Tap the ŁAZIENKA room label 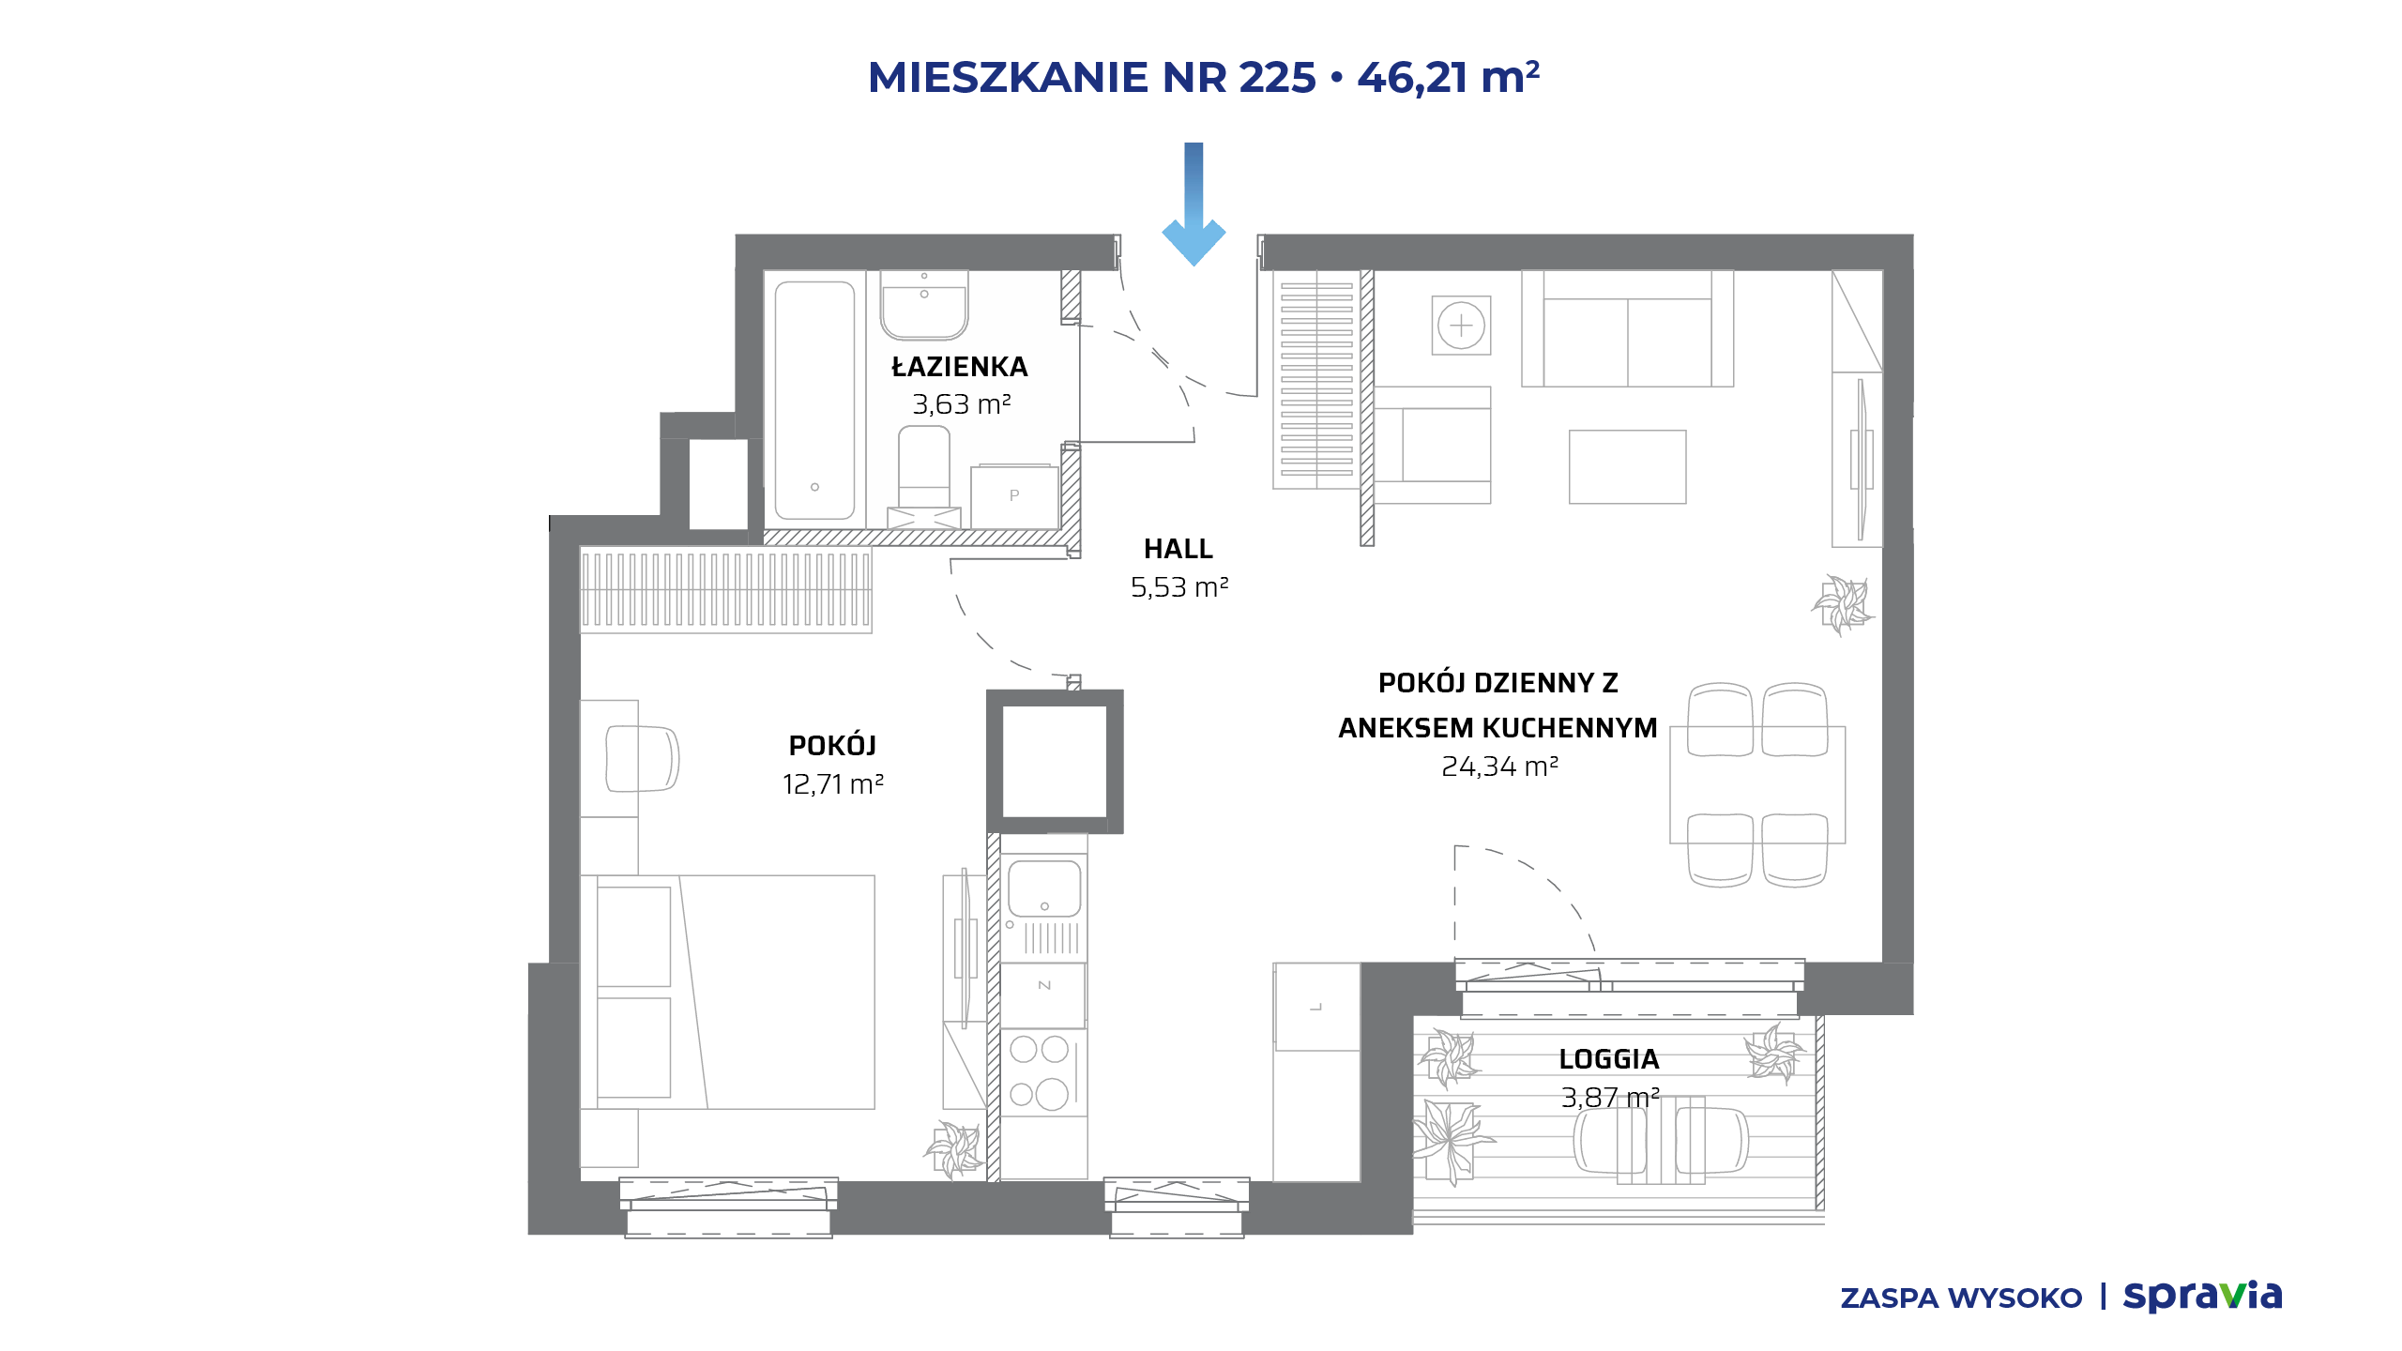click(x=960, y=367)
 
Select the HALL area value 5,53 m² click(x=1179, y=587)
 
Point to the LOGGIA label click(x=1609, y=1059)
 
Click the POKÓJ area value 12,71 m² click(x=833, y=784)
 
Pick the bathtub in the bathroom click(x=814, y=401)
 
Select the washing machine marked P click(x=1014, y=495)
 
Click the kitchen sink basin click(x=1044, y=888)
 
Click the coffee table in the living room click(x=1628, y=467)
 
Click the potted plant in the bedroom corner click(x=954, y=1148)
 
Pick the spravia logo click(x=2202, y=1296)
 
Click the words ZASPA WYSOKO click(x=1961, y=1298)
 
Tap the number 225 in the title click(x=1278, y=77)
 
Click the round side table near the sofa click(x=1461, y=326)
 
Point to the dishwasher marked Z click(x=1043, y=985)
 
